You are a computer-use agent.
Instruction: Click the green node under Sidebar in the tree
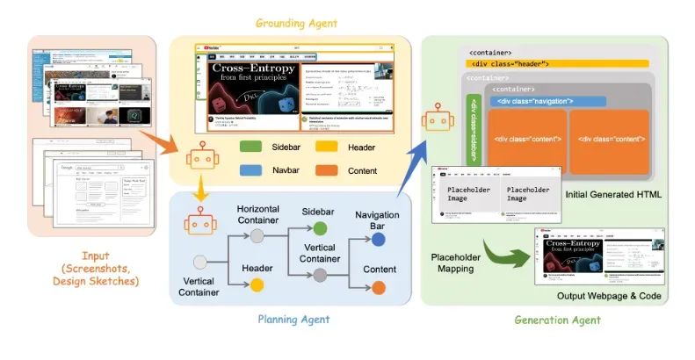point(320,228)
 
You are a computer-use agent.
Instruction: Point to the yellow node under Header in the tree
point(257,284)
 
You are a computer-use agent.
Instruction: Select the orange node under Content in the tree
point(378,287)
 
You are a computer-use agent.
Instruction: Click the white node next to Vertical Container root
point(201,261)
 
